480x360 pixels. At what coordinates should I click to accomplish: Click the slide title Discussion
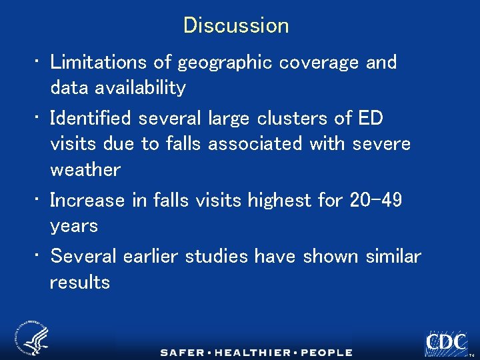[236, 25]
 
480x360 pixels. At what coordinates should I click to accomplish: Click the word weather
[85, 169]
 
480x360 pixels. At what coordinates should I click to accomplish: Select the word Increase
[87, 200]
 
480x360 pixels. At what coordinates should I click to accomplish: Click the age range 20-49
[375, 200]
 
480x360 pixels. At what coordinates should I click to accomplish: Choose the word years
[74, 225]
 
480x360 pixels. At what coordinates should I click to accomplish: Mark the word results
[80, 281]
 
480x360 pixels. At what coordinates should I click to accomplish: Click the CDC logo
[446, 343]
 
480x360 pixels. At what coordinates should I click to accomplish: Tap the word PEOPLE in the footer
[326, 352]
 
